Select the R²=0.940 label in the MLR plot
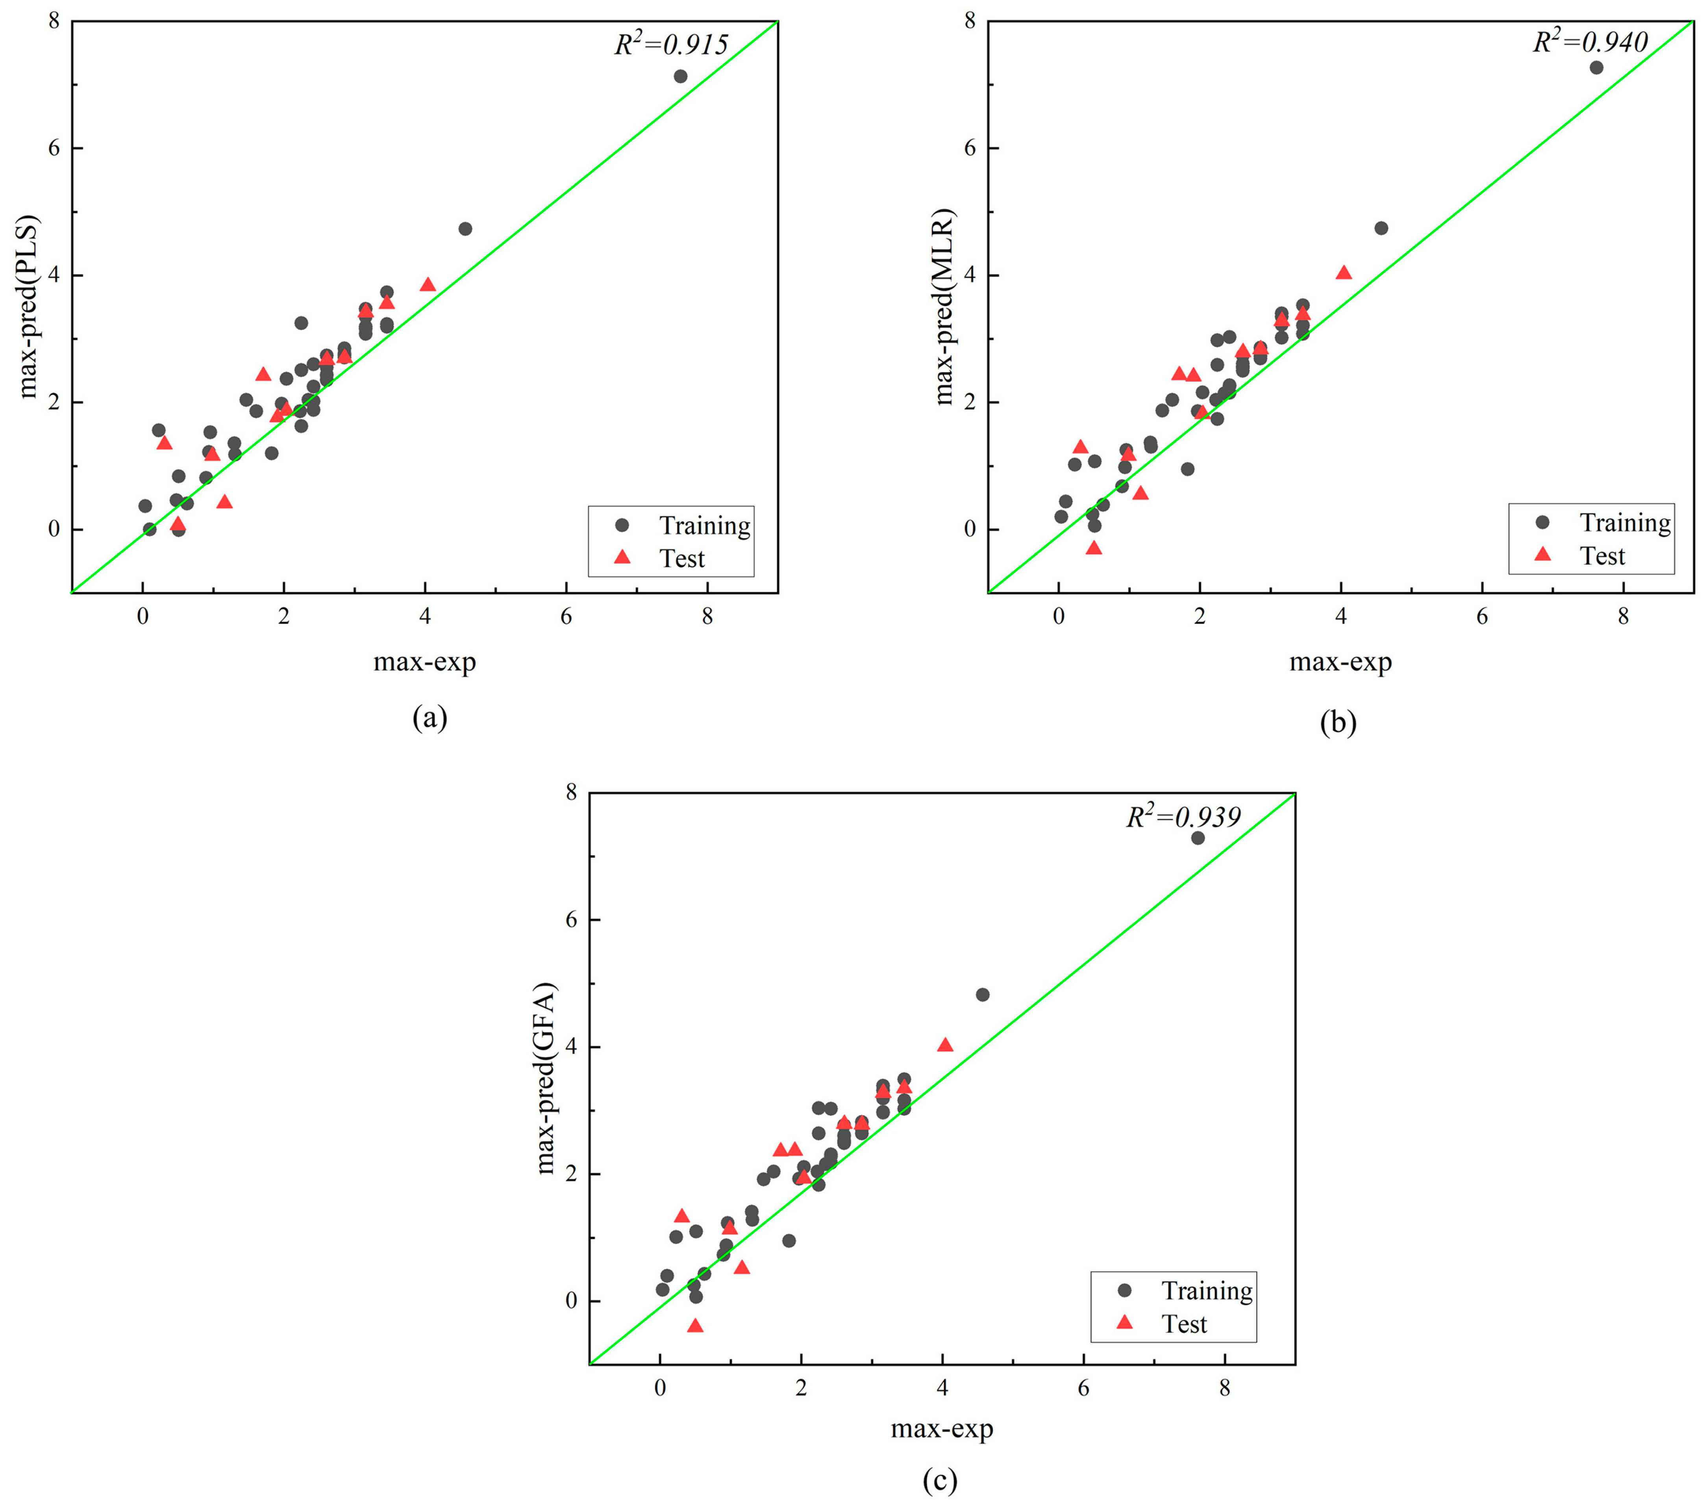pos(1590,42)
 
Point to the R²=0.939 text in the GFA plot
pos(1184,817)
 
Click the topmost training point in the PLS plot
pos(681,76)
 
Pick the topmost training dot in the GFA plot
pos(1198,837)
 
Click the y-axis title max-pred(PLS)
pos(29,307)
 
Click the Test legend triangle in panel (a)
pos(622,557)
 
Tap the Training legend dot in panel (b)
pos(1542,522)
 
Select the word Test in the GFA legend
pos(1185,1324)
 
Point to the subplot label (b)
pos(1338,722)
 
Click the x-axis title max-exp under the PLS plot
pos(425,662)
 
